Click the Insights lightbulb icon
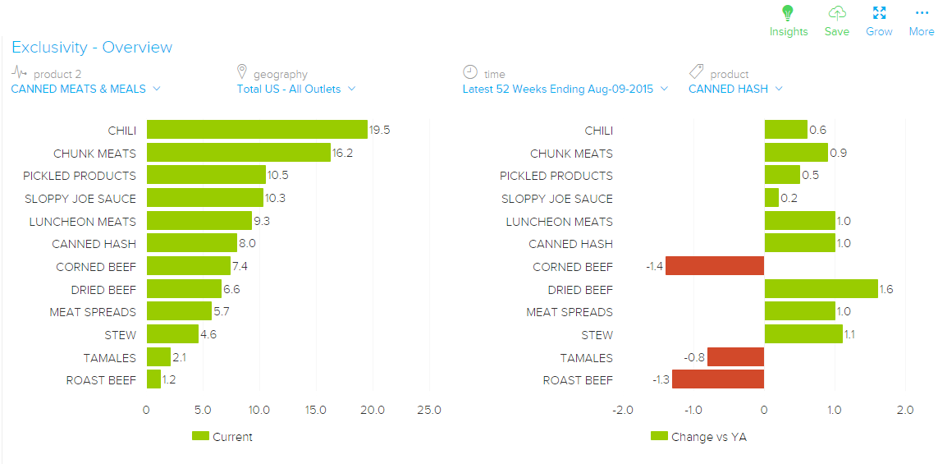tap(788, 13)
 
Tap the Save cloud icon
tap(836, 13)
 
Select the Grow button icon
tap(879, 13)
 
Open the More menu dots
tap(921, 13)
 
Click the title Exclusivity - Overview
tap(92, 48)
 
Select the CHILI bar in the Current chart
tap(257, 130)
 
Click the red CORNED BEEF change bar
tap(714, 266)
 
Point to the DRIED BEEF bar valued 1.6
tap(821, 289)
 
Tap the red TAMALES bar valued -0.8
tap(735, 357)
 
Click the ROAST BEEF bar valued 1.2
tap(153, 379)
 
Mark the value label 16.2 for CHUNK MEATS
tap(343, 153)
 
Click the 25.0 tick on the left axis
tap(428, 410)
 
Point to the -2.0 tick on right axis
tap(622, 410)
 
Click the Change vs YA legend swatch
tap(659, 437)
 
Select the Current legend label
tap(232, 437)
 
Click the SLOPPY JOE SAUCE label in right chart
tap(556, 199)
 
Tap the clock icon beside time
tap(470, 72)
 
